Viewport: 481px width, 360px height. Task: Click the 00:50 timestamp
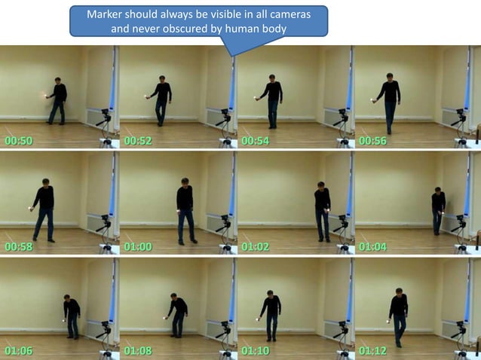(19, 141)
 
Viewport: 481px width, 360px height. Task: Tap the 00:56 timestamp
(372, 141)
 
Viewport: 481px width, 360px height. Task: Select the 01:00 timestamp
(138, 246)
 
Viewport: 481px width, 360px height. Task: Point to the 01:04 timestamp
(372, 246)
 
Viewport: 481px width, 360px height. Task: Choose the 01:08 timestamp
(138, 350)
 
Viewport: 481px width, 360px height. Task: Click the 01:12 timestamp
(372, 350)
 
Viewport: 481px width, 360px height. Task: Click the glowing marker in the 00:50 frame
(45, 96)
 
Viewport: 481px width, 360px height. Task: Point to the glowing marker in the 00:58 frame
(30, 209)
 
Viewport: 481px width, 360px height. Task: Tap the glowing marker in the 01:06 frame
(64, 320)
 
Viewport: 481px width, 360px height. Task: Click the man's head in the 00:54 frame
(272, 78)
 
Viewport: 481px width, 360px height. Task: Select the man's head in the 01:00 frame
(185, 182)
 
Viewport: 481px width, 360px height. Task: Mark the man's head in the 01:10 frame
(270, 293)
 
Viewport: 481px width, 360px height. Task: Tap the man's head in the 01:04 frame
(438, 191)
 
